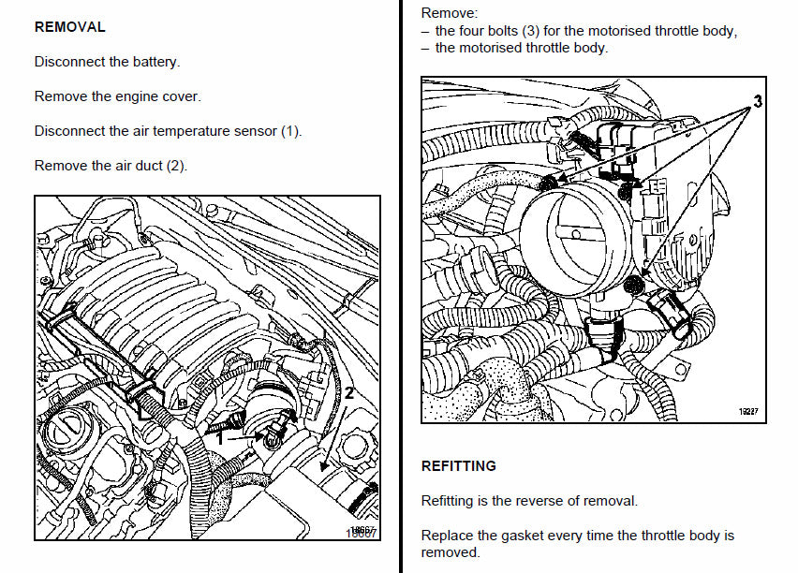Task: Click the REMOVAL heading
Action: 69,27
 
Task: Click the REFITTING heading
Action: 459,465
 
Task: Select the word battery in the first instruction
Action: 155,62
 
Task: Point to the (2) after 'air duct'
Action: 177,166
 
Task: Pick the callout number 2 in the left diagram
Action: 348,393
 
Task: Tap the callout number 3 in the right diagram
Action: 758,99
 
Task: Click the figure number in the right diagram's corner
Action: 746,410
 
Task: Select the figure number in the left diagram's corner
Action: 360,531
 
